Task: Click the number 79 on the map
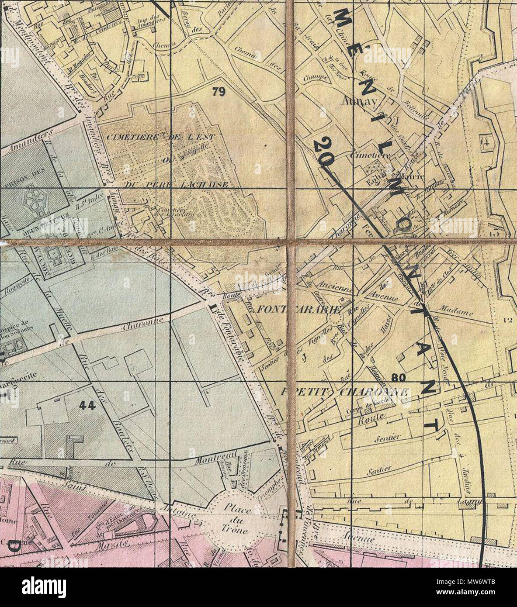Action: click(x=218, y=91)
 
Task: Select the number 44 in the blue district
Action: click(x=87, y=405)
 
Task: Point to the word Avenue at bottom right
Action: click(x=359, y=539)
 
